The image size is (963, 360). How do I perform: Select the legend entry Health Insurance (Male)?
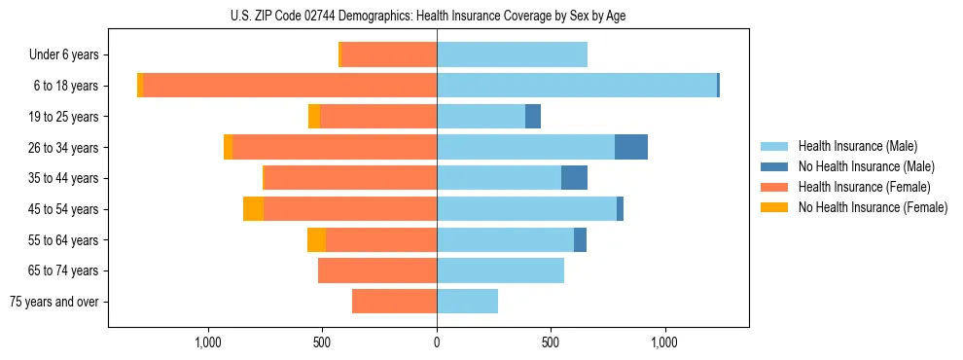coord(857,146)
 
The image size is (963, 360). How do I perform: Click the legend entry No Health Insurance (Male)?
coord(865,166)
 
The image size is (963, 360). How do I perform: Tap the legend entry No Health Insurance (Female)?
coord(872,207)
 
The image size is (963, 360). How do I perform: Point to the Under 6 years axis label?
coord(63,55)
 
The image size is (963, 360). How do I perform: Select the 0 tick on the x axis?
coord(437,342)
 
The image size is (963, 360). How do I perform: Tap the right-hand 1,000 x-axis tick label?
coord(664,342)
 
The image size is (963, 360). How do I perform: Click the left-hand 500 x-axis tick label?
coord(323,342)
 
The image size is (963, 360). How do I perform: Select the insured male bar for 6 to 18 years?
coord(576,86)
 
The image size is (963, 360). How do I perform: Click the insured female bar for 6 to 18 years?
coord(290,86)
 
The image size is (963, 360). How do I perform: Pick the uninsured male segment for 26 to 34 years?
coord(631,147)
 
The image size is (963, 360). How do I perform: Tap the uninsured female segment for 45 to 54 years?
coord(253,209)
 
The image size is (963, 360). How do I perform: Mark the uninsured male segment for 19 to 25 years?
coord(533,117)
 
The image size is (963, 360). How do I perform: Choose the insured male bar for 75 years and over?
coord(467,302)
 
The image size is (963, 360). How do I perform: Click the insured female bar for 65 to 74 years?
coord(377,270)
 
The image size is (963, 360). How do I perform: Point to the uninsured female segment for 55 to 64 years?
coord(316,240)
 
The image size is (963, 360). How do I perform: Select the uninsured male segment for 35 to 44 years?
coord(574,178)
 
